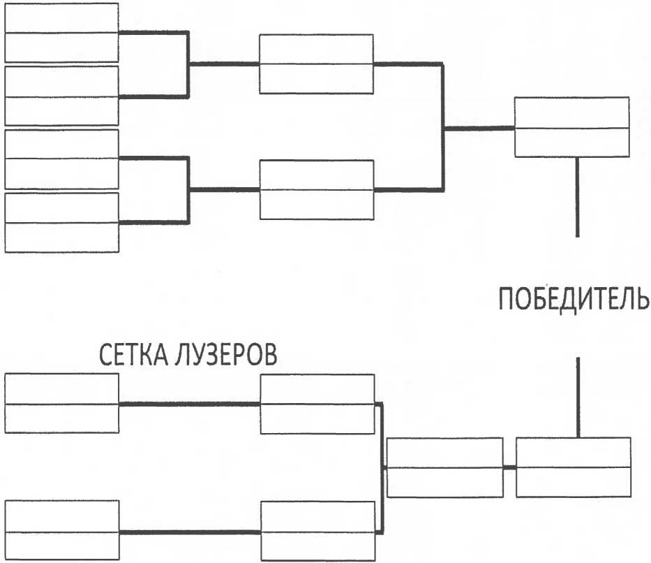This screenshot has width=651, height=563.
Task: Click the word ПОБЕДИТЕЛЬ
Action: pos(574,300)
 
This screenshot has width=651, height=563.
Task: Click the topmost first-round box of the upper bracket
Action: pos(61,32)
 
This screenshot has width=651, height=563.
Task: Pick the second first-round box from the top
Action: pos(61,96)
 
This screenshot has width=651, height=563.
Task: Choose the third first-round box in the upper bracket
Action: pos(61,159)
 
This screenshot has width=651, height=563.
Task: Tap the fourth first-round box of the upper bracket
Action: pos(61,222)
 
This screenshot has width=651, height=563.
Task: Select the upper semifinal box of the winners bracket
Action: pos(316,64)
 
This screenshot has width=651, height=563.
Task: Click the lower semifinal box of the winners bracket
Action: pos(316,189)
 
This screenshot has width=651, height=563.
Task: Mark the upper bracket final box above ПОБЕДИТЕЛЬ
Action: pos(571,127)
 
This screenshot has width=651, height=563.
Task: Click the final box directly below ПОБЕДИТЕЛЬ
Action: pos(573,467)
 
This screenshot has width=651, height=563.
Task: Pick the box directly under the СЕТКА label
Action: pos(61,403)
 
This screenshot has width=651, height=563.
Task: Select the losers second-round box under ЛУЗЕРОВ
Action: pos(316,403)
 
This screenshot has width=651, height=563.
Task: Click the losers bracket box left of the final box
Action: pos(444,467)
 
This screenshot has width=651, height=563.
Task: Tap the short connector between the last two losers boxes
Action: pos(509,467)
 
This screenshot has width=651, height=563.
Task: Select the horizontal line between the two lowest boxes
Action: pos(189,532)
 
